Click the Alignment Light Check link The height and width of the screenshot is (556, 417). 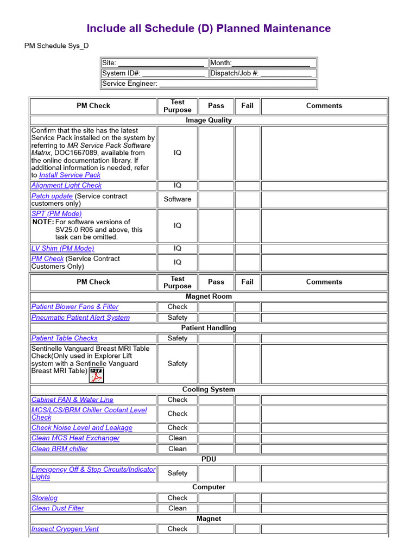(x=66, y=186)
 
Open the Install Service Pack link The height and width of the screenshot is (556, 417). (x=69, y=175)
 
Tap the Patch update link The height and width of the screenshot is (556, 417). (x=52, y=196)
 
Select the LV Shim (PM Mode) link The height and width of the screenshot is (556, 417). (x=62, y=249)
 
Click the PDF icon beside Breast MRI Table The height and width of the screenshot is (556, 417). (x=97, y=375)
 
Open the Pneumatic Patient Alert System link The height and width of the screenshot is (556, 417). (x=80, y=318)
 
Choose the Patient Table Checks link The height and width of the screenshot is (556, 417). (x=64, y=338)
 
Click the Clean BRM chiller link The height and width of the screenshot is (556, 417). (x=59, y=449)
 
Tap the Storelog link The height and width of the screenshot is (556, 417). (x=44, y=498)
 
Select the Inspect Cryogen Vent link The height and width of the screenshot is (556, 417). (x=65, y=529)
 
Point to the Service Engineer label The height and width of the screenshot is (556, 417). (x=129, y=84)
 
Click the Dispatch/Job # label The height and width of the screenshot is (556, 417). (x=234, y=73)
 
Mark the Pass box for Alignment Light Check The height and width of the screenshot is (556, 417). (x=216, y=186)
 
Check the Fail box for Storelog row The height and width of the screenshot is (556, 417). (x=247, y=498)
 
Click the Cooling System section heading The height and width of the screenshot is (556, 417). (x=208, y=389)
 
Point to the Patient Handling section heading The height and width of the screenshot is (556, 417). (x=208, y=328)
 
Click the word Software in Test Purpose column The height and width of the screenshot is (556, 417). (x=178, y=199)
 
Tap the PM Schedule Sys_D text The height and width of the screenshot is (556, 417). (x=56, y=46)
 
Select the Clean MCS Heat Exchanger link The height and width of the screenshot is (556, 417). (x=75, y=438)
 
